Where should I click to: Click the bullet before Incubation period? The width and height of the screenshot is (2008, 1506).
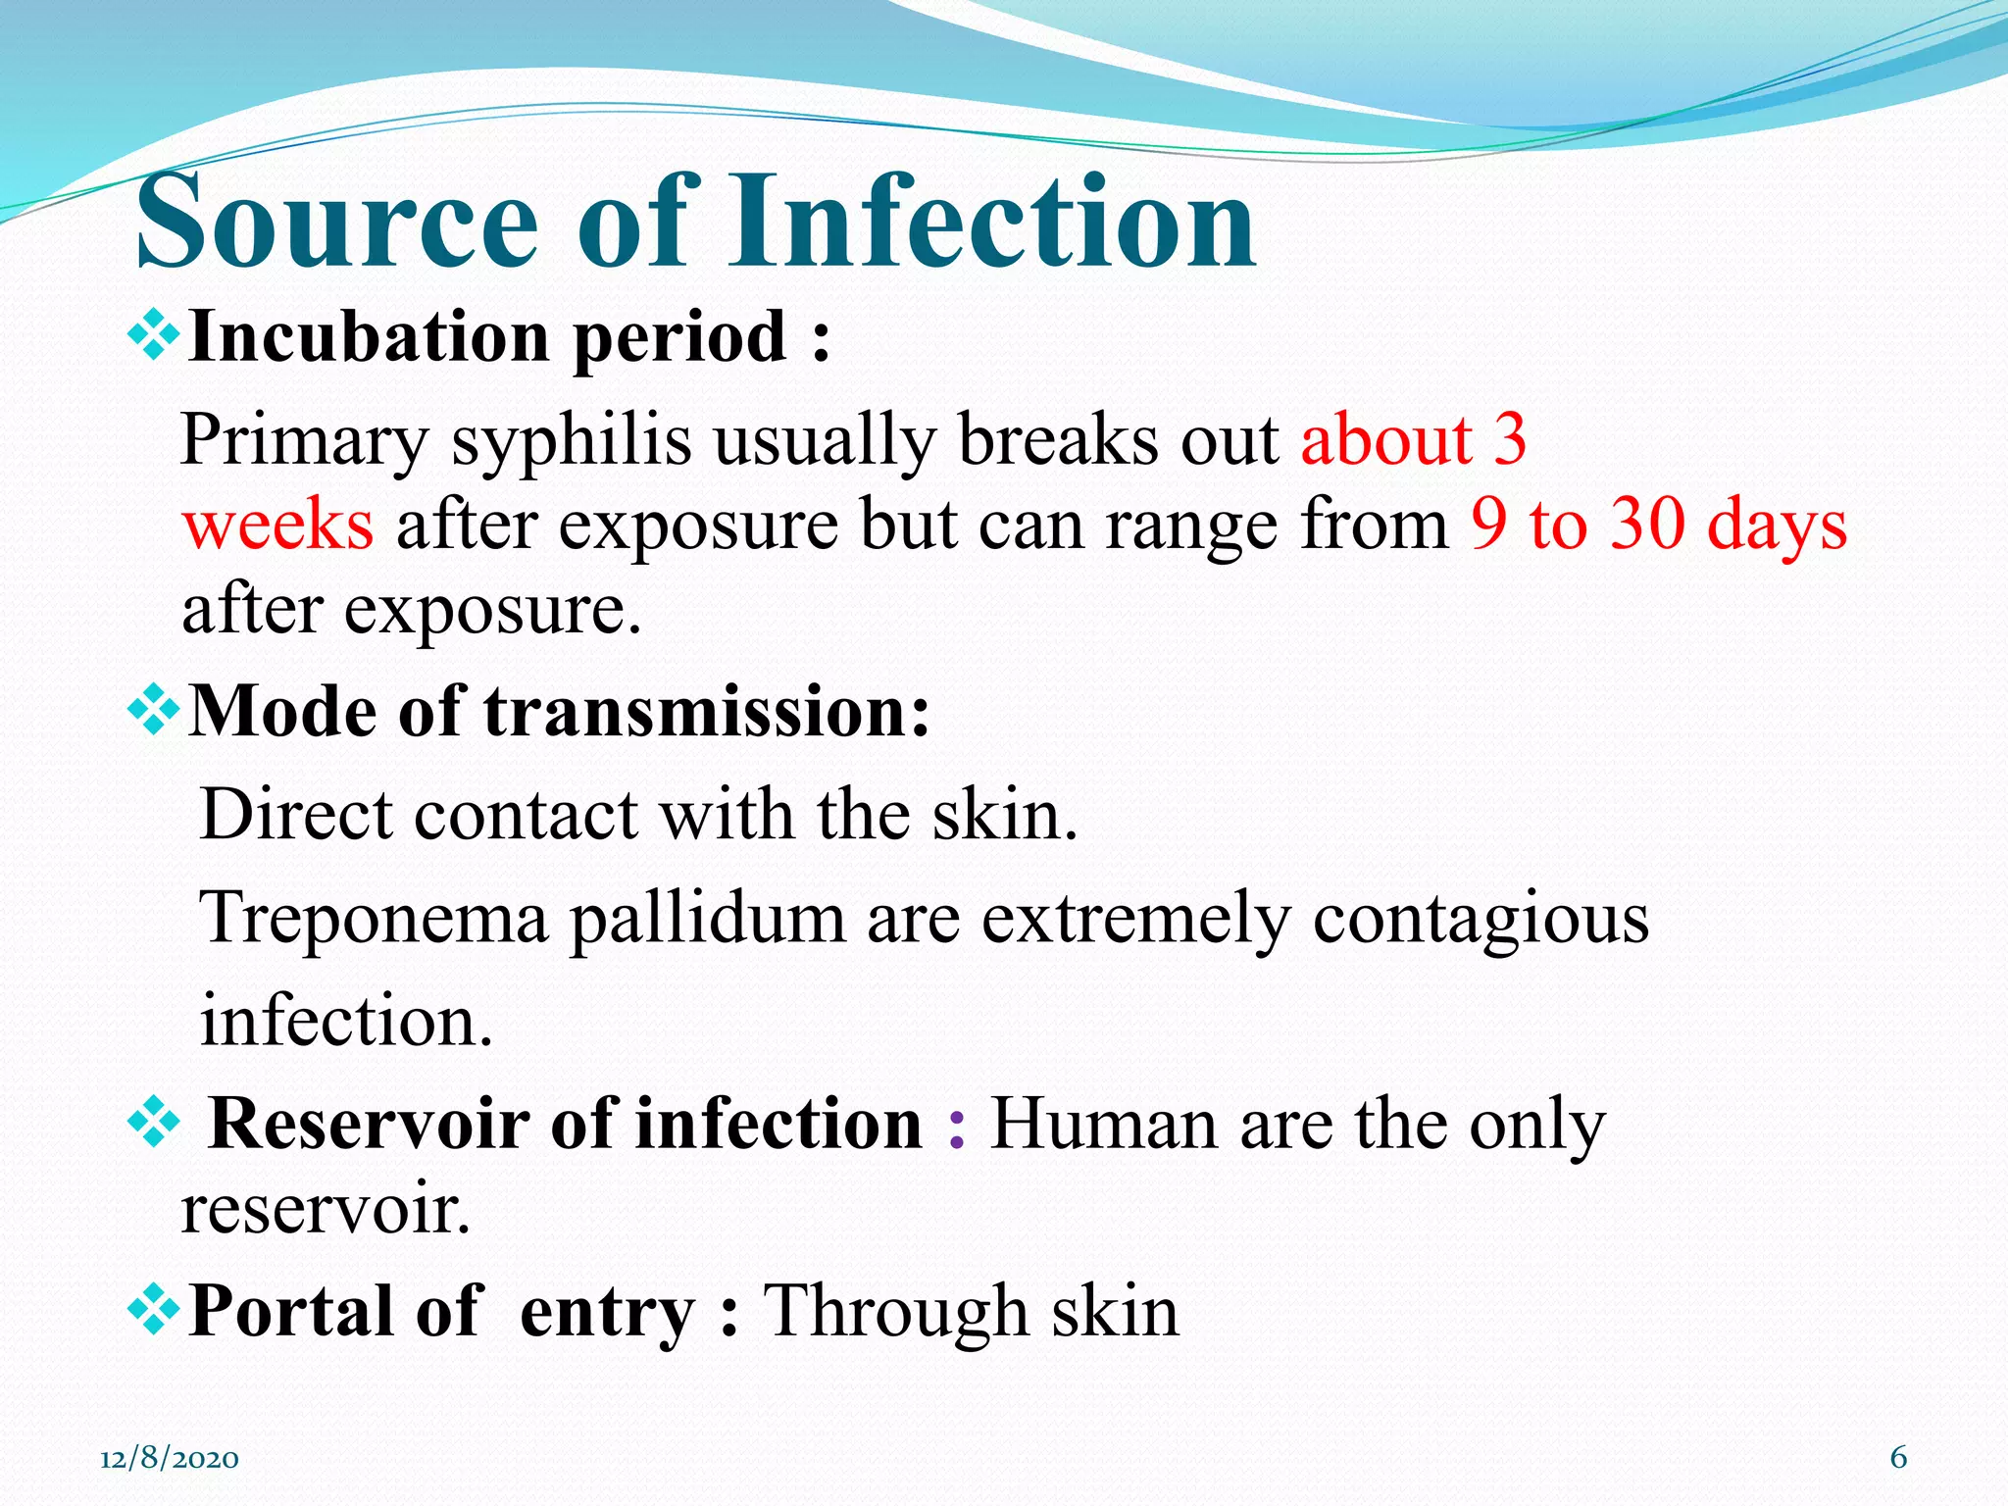(x=154, y=337)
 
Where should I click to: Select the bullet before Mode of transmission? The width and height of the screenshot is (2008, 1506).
(x=154, y=712)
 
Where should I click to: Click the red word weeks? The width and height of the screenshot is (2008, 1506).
(x=277, y=525)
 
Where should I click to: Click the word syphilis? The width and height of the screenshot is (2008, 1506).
(x=571, y=440)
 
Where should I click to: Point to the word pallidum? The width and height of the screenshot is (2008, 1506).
(x=707, y=920)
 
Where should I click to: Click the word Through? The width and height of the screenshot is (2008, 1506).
(x=894, y=1311)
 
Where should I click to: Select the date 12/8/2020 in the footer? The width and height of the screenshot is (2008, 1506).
(x=170, y=1459)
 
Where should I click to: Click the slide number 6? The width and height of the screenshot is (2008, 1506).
(x=1898, y=1458)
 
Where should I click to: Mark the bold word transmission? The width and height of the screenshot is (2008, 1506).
(x=706, y=712)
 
